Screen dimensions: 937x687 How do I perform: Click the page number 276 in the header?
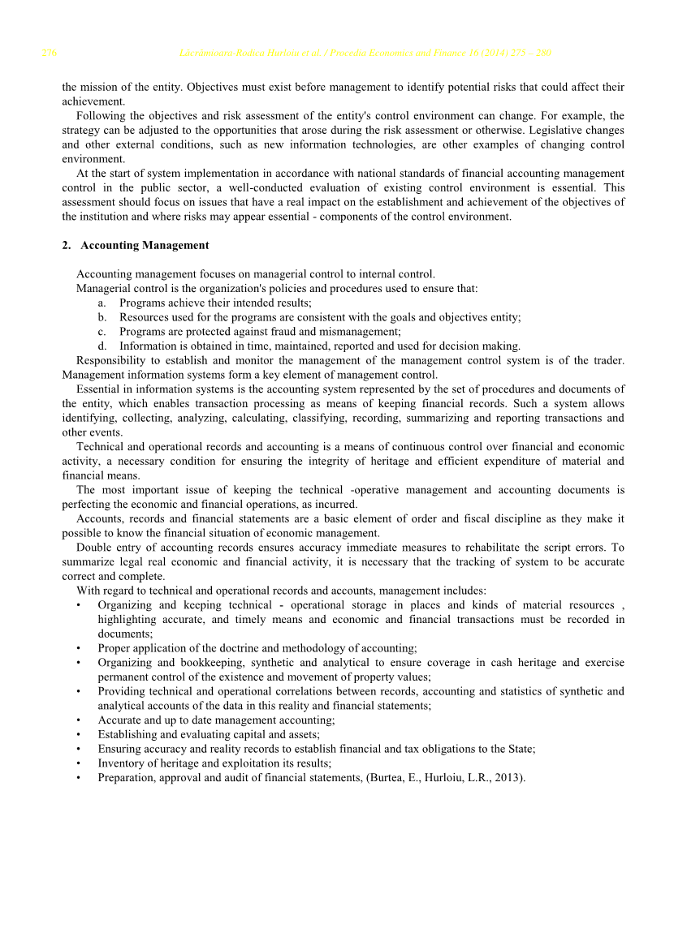coord(49,54)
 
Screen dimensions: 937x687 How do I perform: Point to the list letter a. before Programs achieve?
coord(102,303)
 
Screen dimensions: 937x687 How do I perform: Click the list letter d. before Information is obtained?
coord(102,346)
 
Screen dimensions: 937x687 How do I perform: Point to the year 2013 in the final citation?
coord(508,779)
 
